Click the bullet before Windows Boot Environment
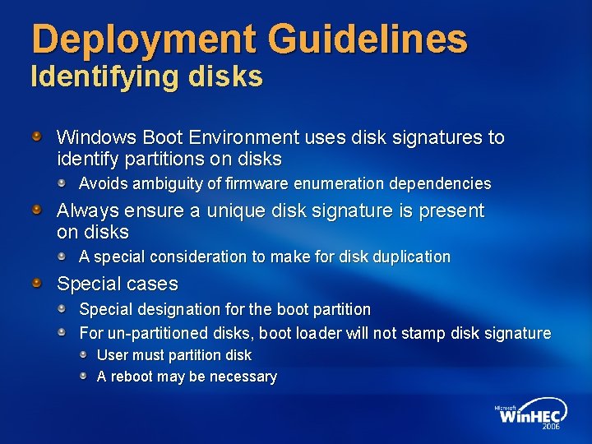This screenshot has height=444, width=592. pos(38,136)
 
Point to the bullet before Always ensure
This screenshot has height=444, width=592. pos(38,211)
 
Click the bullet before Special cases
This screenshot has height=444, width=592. pos(38,284)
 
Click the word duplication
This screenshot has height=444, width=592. pos(413,257)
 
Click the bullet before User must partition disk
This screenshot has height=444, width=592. pos(84,354)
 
